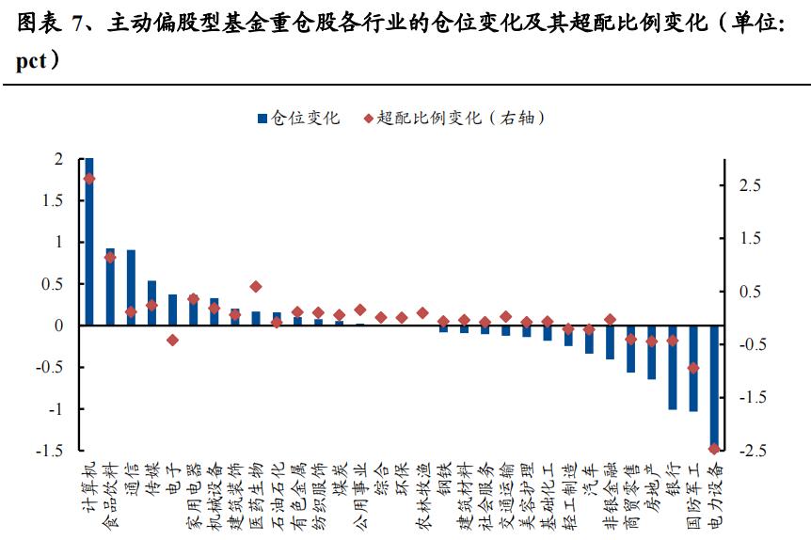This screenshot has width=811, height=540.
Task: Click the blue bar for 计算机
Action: (89, 242)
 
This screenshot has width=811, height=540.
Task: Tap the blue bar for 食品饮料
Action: (110, 287)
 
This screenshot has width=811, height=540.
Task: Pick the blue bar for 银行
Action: (673, 367)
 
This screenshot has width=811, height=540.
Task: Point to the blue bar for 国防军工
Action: (693, 368)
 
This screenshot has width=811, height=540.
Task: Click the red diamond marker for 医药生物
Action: (256, 286)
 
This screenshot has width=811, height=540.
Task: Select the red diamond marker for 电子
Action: (173, 340)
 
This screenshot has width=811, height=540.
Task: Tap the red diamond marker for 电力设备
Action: (714, 448)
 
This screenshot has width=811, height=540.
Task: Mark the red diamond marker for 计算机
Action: (89, 179)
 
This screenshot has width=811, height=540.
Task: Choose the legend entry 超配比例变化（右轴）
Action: (453, 118)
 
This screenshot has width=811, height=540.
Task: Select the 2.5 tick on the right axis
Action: (750, 186)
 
